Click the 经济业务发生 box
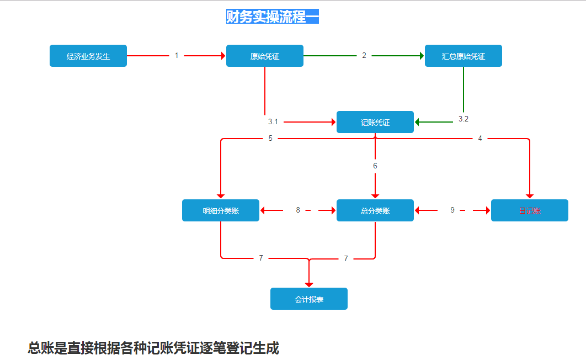88,56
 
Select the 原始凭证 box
265,56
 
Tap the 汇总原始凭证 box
464,56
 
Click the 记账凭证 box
375,122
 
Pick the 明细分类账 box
221,210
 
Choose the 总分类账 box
375,210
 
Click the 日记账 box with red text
530,210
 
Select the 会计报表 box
309,299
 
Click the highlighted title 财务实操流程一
272,17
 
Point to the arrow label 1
177,55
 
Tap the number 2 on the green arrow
364,55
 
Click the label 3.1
273,121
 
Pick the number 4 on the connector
480,138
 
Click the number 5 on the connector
270,138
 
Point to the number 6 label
375,166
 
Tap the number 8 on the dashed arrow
298,210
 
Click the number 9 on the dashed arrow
452,210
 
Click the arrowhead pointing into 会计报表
309,284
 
